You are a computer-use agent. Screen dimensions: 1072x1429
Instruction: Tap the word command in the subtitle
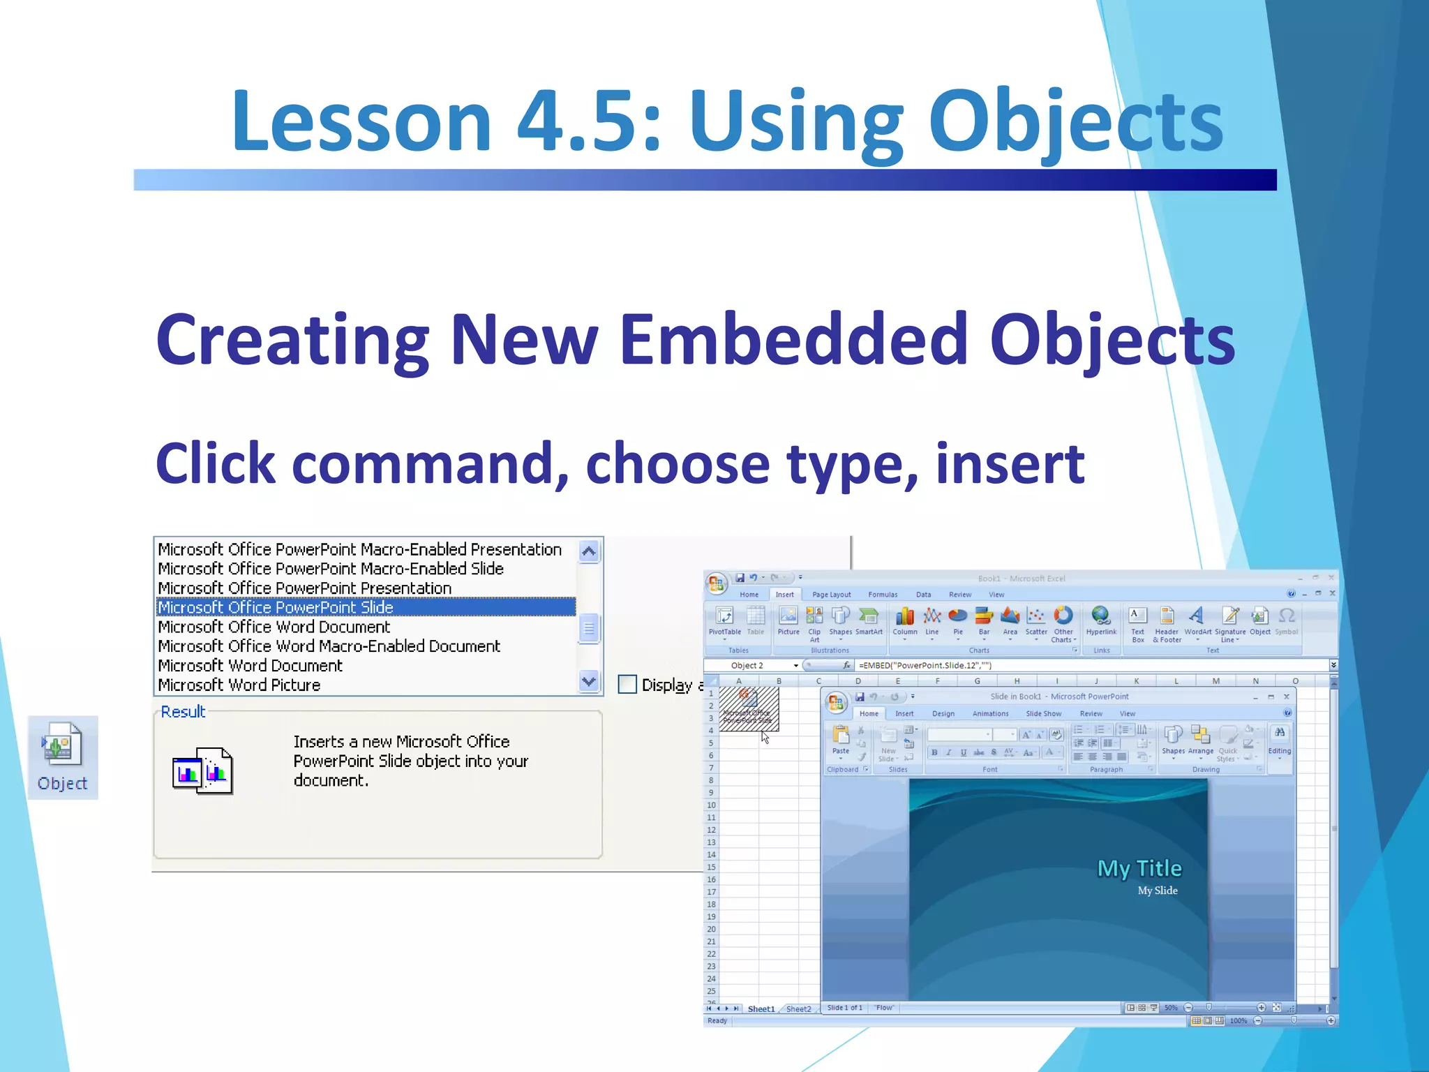[429, 464]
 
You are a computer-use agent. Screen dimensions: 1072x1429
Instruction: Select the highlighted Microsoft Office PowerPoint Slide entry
[276, 607]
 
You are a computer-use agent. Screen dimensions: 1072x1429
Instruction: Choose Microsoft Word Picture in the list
[239, 685]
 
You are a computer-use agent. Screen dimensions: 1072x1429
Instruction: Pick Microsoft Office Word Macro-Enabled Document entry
[329, 646]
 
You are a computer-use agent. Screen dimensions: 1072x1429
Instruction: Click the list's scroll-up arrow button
[589, 551]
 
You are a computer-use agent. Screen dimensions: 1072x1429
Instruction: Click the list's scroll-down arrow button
[589, 680]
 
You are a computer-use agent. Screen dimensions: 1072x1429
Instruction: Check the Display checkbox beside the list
[627, 684]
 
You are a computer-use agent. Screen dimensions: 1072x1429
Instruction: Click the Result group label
[183, 711]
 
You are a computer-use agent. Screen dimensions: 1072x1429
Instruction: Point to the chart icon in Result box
[202, 771]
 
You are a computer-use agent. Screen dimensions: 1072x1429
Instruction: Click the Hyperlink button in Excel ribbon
[1100, 619]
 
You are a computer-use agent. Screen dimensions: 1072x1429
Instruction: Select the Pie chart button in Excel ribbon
[957, 619]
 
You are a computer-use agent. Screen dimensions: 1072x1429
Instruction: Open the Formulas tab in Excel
[883, 595]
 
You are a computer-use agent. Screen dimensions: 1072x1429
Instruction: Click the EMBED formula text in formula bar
[925, 665]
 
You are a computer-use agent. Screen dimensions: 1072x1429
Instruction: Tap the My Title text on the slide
[1139, 868]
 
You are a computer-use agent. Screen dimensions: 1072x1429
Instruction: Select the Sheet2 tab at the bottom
[798, 1008]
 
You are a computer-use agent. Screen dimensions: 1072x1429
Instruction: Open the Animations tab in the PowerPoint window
[990, 713]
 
